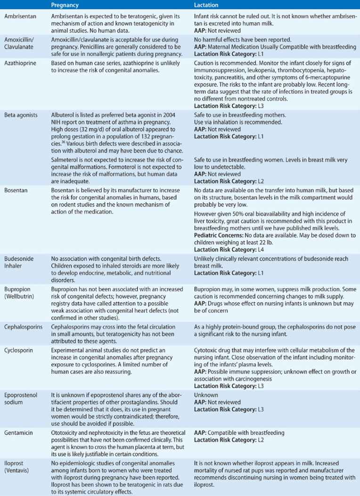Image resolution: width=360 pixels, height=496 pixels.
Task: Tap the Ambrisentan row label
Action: tap(16, 16)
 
